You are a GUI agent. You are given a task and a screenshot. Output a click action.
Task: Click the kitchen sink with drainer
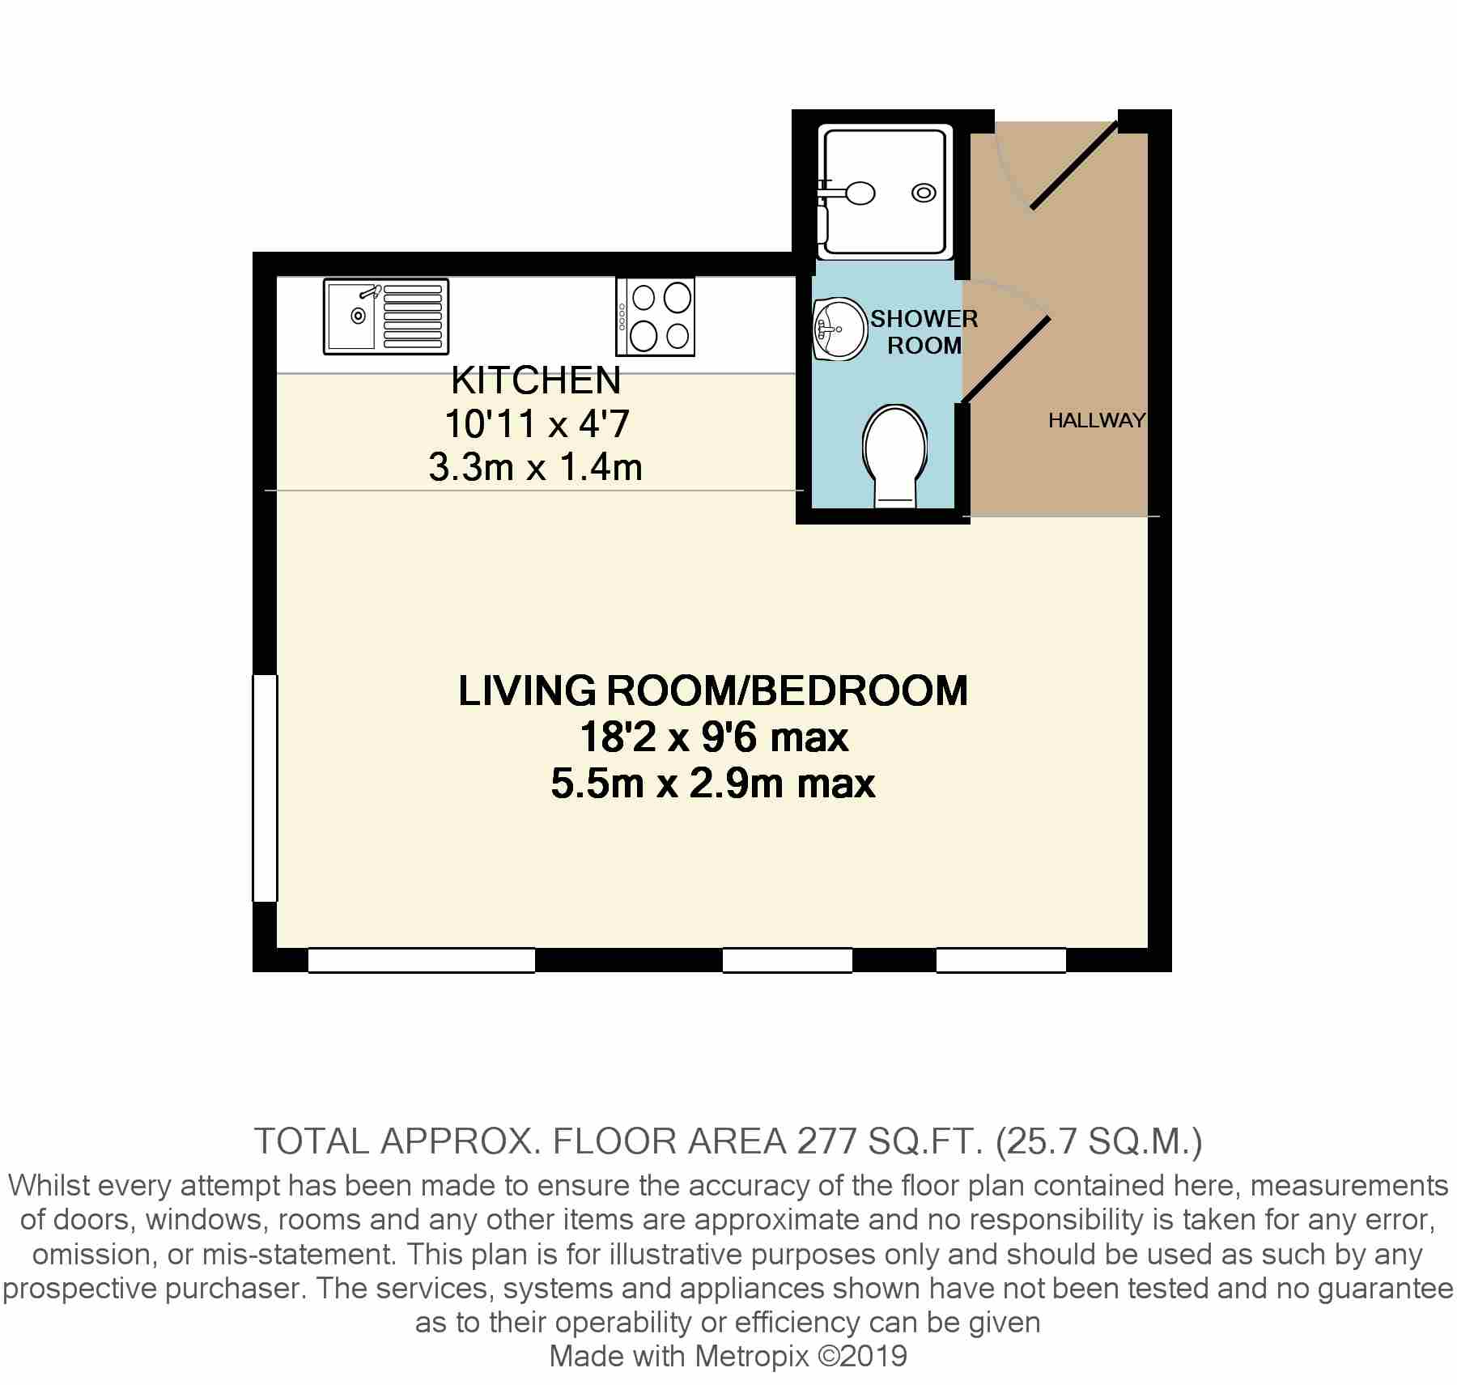386,317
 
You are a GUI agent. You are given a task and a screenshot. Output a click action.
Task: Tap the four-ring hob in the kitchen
656,317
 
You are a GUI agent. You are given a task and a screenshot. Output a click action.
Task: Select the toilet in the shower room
894,457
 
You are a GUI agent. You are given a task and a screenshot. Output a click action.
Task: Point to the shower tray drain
924,193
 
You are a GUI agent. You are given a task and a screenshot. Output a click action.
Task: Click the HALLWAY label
1097,420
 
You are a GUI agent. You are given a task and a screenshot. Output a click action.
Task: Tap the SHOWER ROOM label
924,332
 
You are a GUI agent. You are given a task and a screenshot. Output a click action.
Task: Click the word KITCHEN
536,379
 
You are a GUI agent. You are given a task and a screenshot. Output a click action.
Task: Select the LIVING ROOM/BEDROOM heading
713,690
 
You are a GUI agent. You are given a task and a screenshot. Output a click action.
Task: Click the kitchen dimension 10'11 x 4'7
537,423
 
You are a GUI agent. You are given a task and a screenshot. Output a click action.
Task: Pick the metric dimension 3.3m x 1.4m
536,468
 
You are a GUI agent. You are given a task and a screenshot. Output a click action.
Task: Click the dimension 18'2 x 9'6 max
714,737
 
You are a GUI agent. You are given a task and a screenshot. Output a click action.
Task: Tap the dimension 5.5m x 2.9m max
713,784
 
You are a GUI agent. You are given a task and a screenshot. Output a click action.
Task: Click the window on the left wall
265,788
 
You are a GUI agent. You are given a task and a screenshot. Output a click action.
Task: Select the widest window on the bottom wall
422,960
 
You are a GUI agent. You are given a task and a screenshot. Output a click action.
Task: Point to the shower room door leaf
1005,359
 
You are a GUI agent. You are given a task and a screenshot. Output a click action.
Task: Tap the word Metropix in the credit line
752,1356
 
